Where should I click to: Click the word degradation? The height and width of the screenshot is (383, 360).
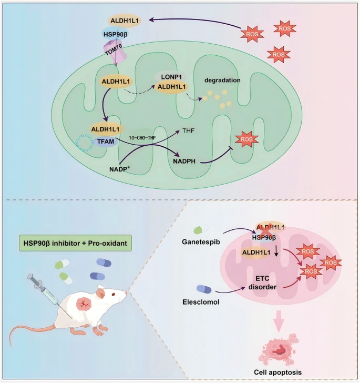click(x=223, y=80)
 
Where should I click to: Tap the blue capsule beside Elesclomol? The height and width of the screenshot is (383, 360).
click(x=204, y=288)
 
